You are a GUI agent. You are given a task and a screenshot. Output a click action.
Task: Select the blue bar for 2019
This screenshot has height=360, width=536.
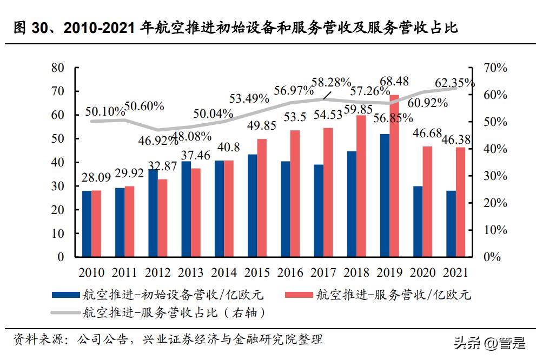(385, 195)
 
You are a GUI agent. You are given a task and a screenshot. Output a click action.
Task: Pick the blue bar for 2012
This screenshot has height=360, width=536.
(153, 213)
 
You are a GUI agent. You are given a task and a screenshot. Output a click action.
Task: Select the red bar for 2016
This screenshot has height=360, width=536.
(295, 193)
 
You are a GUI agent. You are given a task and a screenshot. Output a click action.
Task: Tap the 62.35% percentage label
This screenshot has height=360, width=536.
(455, 83)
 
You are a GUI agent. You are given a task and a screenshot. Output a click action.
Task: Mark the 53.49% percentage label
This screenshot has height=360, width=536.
(249, 98)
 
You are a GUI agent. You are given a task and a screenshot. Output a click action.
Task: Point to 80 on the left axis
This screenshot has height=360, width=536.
(57, 68)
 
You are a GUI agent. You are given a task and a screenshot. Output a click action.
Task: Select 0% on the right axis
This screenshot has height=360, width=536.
(492, 257)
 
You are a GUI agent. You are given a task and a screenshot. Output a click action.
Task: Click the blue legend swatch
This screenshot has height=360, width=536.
(65, 295)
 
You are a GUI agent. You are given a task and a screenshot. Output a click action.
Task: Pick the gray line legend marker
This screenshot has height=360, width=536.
(65, 312)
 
